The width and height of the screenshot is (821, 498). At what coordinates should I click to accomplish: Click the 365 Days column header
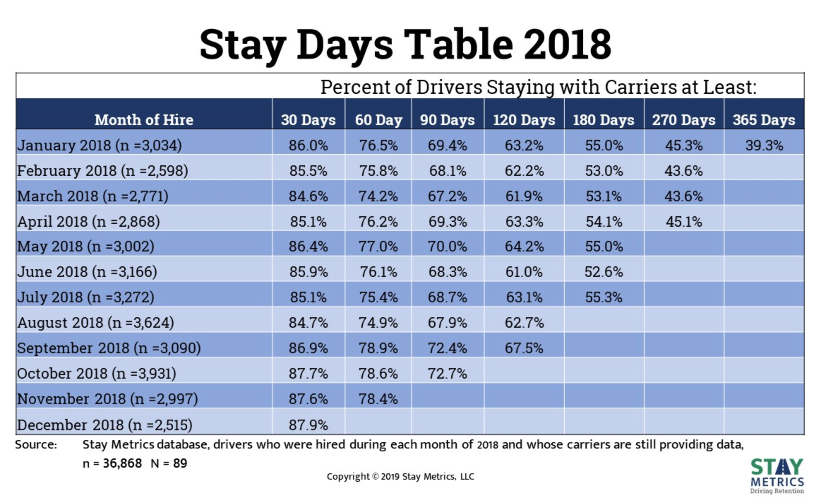click(x=763, y=120)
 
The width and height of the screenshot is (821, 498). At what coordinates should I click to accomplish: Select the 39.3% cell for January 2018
click(x=764, y=145)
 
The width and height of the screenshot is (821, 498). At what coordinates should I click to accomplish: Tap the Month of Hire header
click(x=144, y=120)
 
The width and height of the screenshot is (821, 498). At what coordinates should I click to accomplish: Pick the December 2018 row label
click(x=104, y=425)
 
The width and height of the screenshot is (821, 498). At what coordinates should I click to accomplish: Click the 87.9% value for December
click(x=308, y=425)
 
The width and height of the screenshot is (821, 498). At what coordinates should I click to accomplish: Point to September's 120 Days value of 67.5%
click(x=524, y=348)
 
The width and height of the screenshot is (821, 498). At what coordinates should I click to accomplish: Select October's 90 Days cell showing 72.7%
click(x=447, y=373)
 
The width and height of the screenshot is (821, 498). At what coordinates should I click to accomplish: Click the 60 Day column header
click(x=378, y=120)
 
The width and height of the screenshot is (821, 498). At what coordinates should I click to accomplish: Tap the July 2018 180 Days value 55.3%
click(x=604, y=297)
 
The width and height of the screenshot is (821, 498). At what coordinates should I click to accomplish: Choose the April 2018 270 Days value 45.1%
click(x=684, y=221)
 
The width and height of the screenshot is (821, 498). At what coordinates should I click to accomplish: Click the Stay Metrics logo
click(x=777, y=475)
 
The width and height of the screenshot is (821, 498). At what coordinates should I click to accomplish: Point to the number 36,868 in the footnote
click(x=122, y=463)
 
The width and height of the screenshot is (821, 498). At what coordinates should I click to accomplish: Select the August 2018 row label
click(x=95, y=322)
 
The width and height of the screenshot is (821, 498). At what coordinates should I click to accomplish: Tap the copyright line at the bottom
click(x=400, y=476)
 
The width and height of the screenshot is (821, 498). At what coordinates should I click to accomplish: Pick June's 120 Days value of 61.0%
click(x=524, y=272)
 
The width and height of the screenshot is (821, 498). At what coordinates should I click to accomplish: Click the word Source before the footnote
click(x=36, y=444)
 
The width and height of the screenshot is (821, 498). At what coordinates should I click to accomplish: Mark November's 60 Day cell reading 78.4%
click(x=378, y=399)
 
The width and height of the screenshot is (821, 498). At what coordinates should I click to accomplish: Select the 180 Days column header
click(x=603, y=120)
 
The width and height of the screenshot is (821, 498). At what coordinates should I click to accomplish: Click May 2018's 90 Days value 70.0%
click(x=447, y=246)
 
